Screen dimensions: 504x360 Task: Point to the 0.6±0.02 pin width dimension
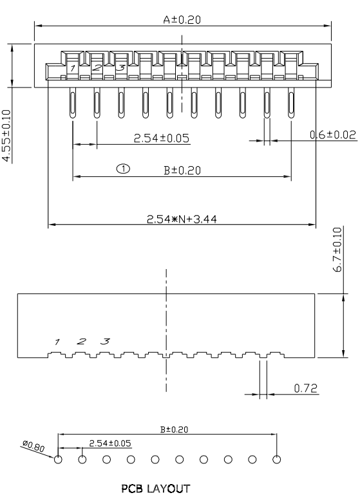click(x=332, y=135)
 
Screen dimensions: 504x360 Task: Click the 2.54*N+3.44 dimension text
click(x=183, y=219)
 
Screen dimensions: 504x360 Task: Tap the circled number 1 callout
click(x=123, y=169)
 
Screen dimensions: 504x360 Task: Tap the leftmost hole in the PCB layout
click(x=58, y=460)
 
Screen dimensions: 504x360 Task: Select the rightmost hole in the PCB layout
click(x=277, y=460)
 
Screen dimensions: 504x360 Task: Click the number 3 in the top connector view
click(x=120, y=67)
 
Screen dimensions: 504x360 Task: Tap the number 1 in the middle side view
click(x=57, y=342)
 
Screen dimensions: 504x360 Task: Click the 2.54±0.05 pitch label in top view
click(x=162, y=138)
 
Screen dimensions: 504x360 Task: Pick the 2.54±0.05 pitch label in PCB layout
click(x=109, y=443)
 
